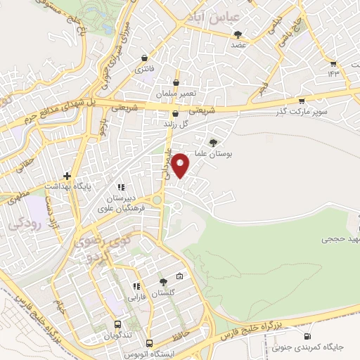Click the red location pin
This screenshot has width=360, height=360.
[181, 165]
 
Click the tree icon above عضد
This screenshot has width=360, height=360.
[239, 33]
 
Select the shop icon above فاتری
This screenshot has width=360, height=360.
[145, 58]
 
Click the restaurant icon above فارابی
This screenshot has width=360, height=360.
[137, 286]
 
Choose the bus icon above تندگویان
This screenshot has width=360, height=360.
[118, 324]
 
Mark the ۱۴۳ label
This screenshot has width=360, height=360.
[333, 72]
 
